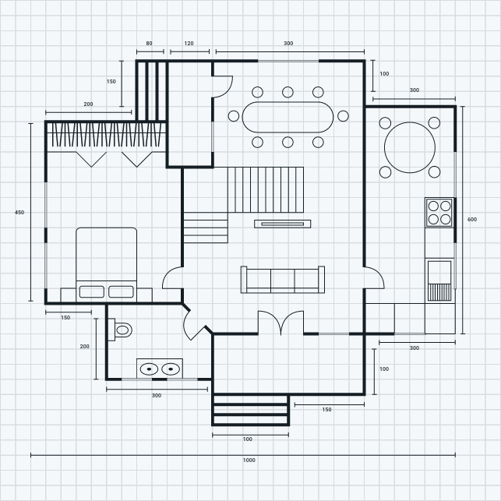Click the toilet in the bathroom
point(121,330)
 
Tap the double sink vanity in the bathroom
point(160,368)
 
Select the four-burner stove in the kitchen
point(439,212)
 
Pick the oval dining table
point(288,117)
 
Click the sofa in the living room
point(282,280)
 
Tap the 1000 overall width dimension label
point(249,460)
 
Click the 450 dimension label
point(19,212)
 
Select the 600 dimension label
point(472,220)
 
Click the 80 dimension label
point(149,44)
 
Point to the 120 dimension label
point(189,44)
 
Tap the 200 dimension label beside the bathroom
point(85,346)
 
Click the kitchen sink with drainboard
point(439,281)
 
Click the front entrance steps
point(251,410)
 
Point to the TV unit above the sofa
point(282,224)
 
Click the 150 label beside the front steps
point(326,410)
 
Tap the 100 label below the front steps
point(248,439)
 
